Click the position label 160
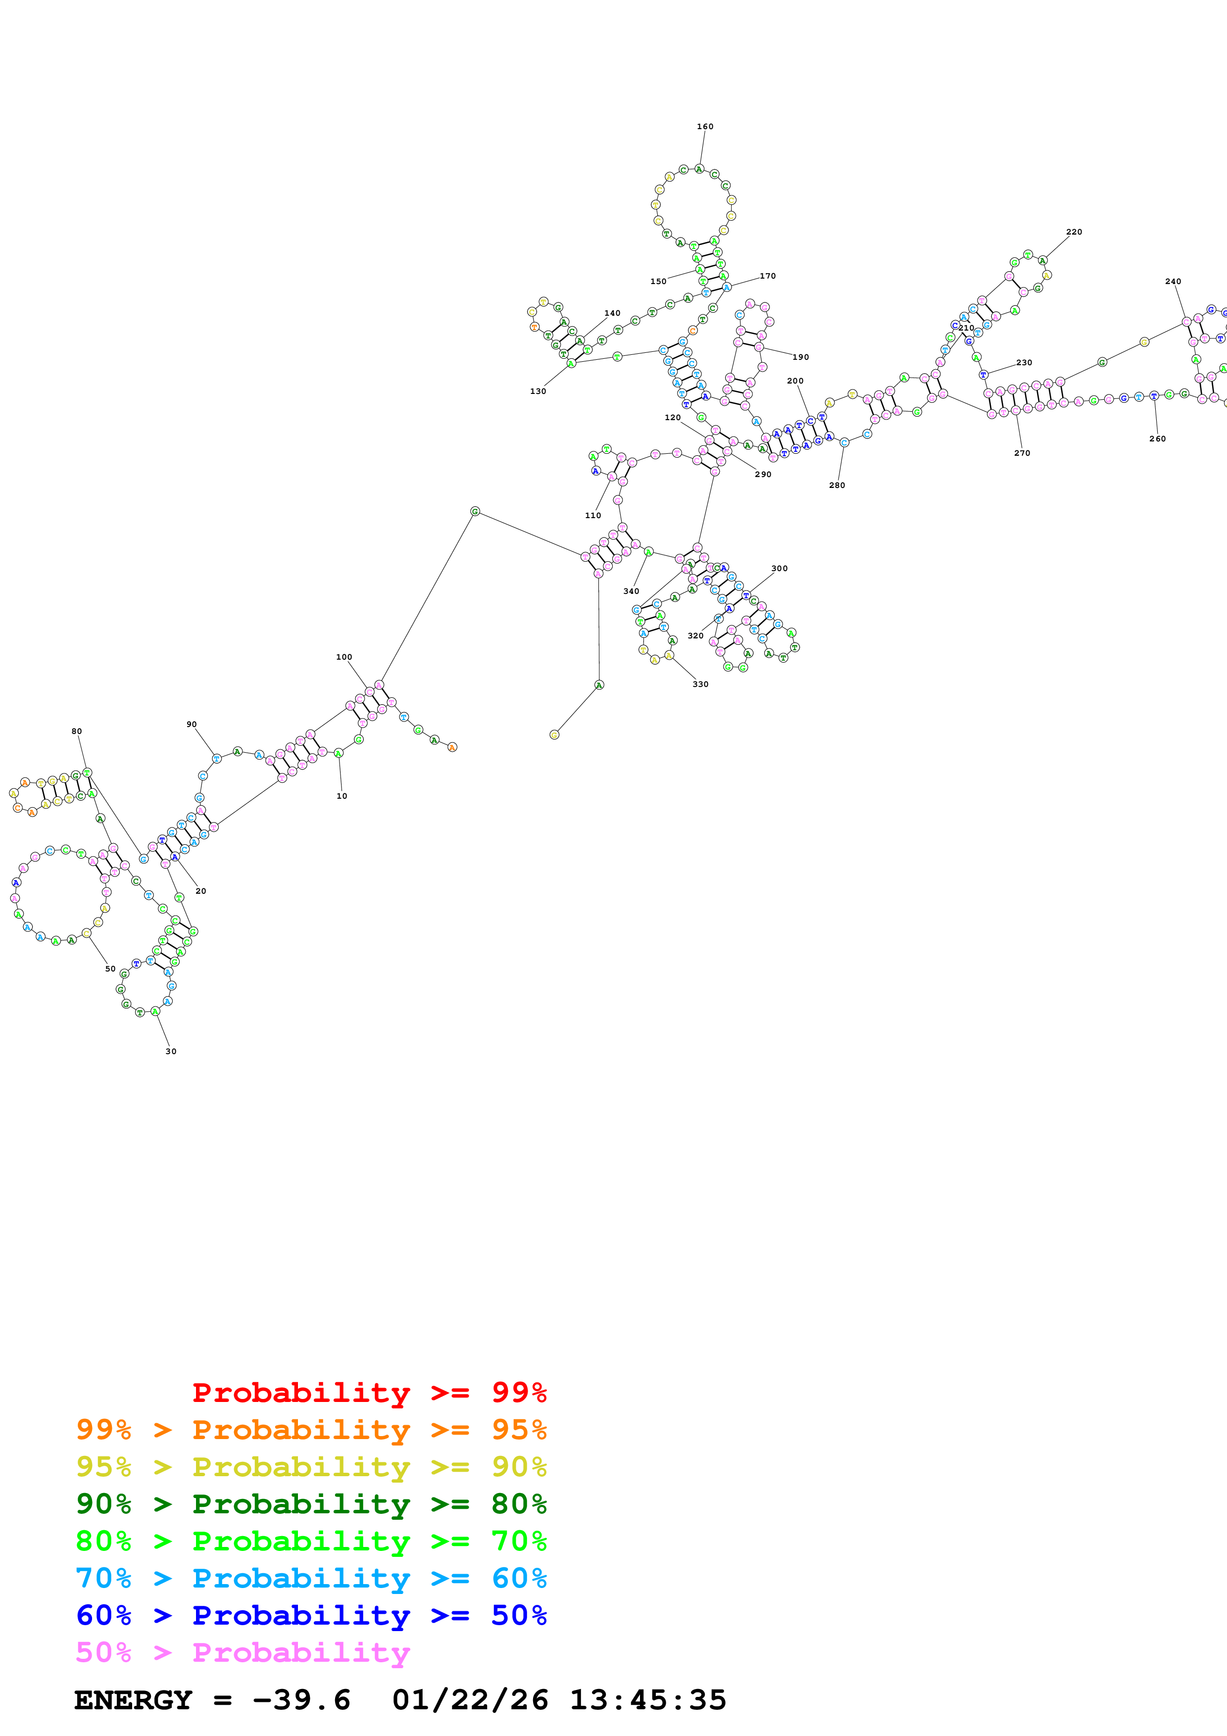[x=705, y=126]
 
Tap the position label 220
[x=1074, y=232]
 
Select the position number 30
[x=171, y=1051]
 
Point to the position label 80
[x=76, y=731]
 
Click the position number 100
[x=344, y=657]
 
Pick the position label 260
[x=1157, y=438]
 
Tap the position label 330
[x=700, y=684]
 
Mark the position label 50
[x=110, y=968]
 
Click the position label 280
[x=837, y=485]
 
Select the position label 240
[x=1173, y=281]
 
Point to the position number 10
[x=342, y=796]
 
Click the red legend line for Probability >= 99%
[x=369, y=1392]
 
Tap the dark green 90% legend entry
[x=311, y=1504]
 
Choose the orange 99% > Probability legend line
[x=311, y=1430]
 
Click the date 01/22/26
[x=470, y=1700]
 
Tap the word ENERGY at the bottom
[x=133, y=1700]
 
